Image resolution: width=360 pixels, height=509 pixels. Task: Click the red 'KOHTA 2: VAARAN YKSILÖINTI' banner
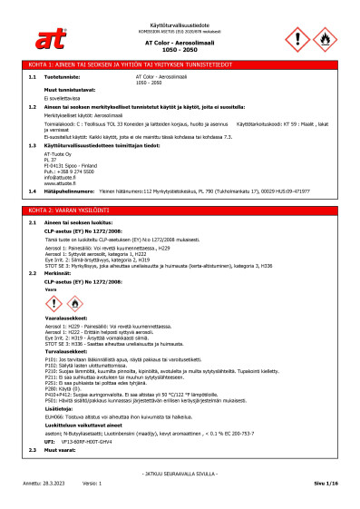tap(180, 210)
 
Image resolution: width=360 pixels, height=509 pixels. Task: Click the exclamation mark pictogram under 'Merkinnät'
tap(56, 302)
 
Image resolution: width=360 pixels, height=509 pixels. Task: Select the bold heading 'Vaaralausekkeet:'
tap(70, 321)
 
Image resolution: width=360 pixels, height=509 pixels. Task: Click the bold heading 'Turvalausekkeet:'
tap(69, 353)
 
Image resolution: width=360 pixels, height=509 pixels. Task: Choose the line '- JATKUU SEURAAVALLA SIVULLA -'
tap(180, 474)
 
